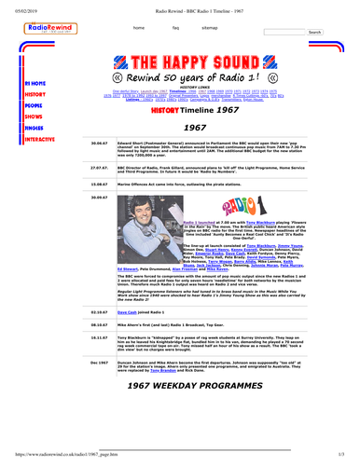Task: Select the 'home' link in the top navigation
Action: pyautogui.click(x=138, y=29)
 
